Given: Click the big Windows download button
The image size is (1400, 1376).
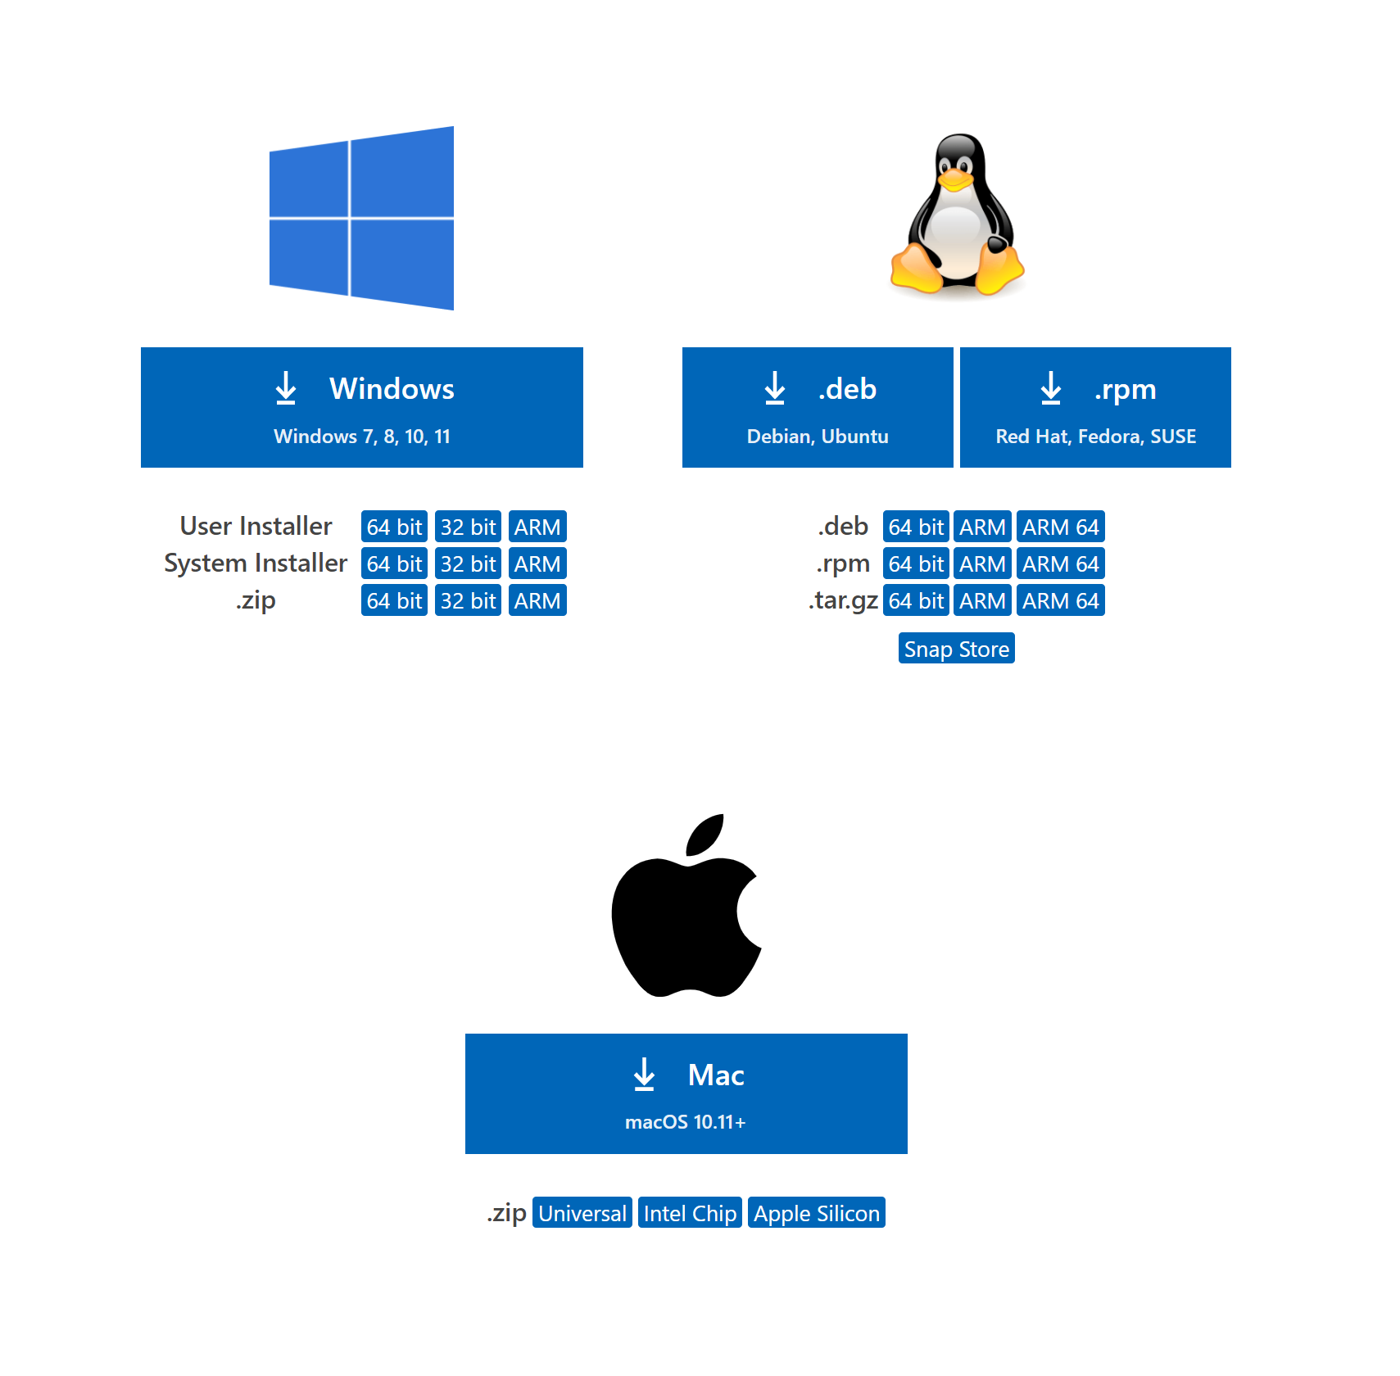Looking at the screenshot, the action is (x=361, y=407).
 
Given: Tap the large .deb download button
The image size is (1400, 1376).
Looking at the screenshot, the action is (x=818, y=407).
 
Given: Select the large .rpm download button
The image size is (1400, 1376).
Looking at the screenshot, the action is (x=1095, y=407).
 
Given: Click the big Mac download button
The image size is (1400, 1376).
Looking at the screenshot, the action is (x=686, y=1093).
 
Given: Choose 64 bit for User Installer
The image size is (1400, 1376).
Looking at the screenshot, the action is (x=394, y=527).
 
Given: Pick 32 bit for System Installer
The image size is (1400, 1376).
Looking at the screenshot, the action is (x=468, y=564).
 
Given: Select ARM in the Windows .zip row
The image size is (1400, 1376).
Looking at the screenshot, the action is (x=537, y=600).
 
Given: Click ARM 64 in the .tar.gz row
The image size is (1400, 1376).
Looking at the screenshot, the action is (x=1061, y=600).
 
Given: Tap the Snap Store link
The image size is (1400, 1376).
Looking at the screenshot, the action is (x=957, y=649).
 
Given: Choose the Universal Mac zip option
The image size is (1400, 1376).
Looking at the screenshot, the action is (x=582, y=1213).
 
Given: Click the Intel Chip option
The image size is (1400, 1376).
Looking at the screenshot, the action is (x=690, y=1213).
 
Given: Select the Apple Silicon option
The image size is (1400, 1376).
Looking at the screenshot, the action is (x=817, y=1213).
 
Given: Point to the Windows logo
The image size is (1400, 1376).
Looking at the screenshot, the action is (x=361, y=218).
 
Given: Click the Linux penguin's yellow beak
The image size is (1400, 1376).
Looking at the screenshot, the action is (x=955, y=179).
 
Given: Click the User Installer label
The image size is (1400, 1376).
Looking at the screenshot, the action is (x=256, y=526).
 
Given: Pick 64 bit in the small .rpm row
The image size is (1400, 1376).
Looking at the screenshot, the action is (x=916, y=564).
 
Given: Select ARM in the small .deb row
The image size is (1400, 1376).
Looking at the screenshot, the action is (x=983, y=527).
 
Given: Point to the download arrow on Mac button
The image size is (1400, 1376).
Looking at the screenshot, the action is (x=645, y=1075).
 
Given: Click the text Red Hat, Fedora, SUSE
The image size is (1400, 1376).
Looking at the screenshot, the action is (x=1096, y=437).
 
